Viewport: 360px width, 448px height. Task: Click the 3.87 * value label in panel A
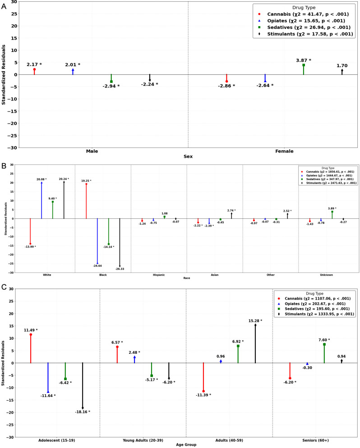pyautogui.click(x=303, y=60)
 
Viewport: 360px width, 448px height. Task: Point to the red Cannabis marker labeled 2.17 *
pyautogui.click(x=34, y=69)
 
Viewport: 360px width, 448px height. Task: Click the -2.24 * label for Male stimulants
pyautogui.click(x=149, y=84)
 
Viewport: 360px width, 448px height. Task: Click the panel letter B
pyautogui.click(x=4, y=166)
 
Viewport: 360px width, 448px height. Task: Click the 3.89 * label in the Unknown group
pyautogui.click(x=332, y=208)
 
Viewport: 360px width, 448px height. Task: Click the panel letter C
pyautogui.click(x=4, y=287)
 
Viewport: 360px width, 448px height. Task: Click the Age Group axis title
pyautogui.click(x=187, y=445)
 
